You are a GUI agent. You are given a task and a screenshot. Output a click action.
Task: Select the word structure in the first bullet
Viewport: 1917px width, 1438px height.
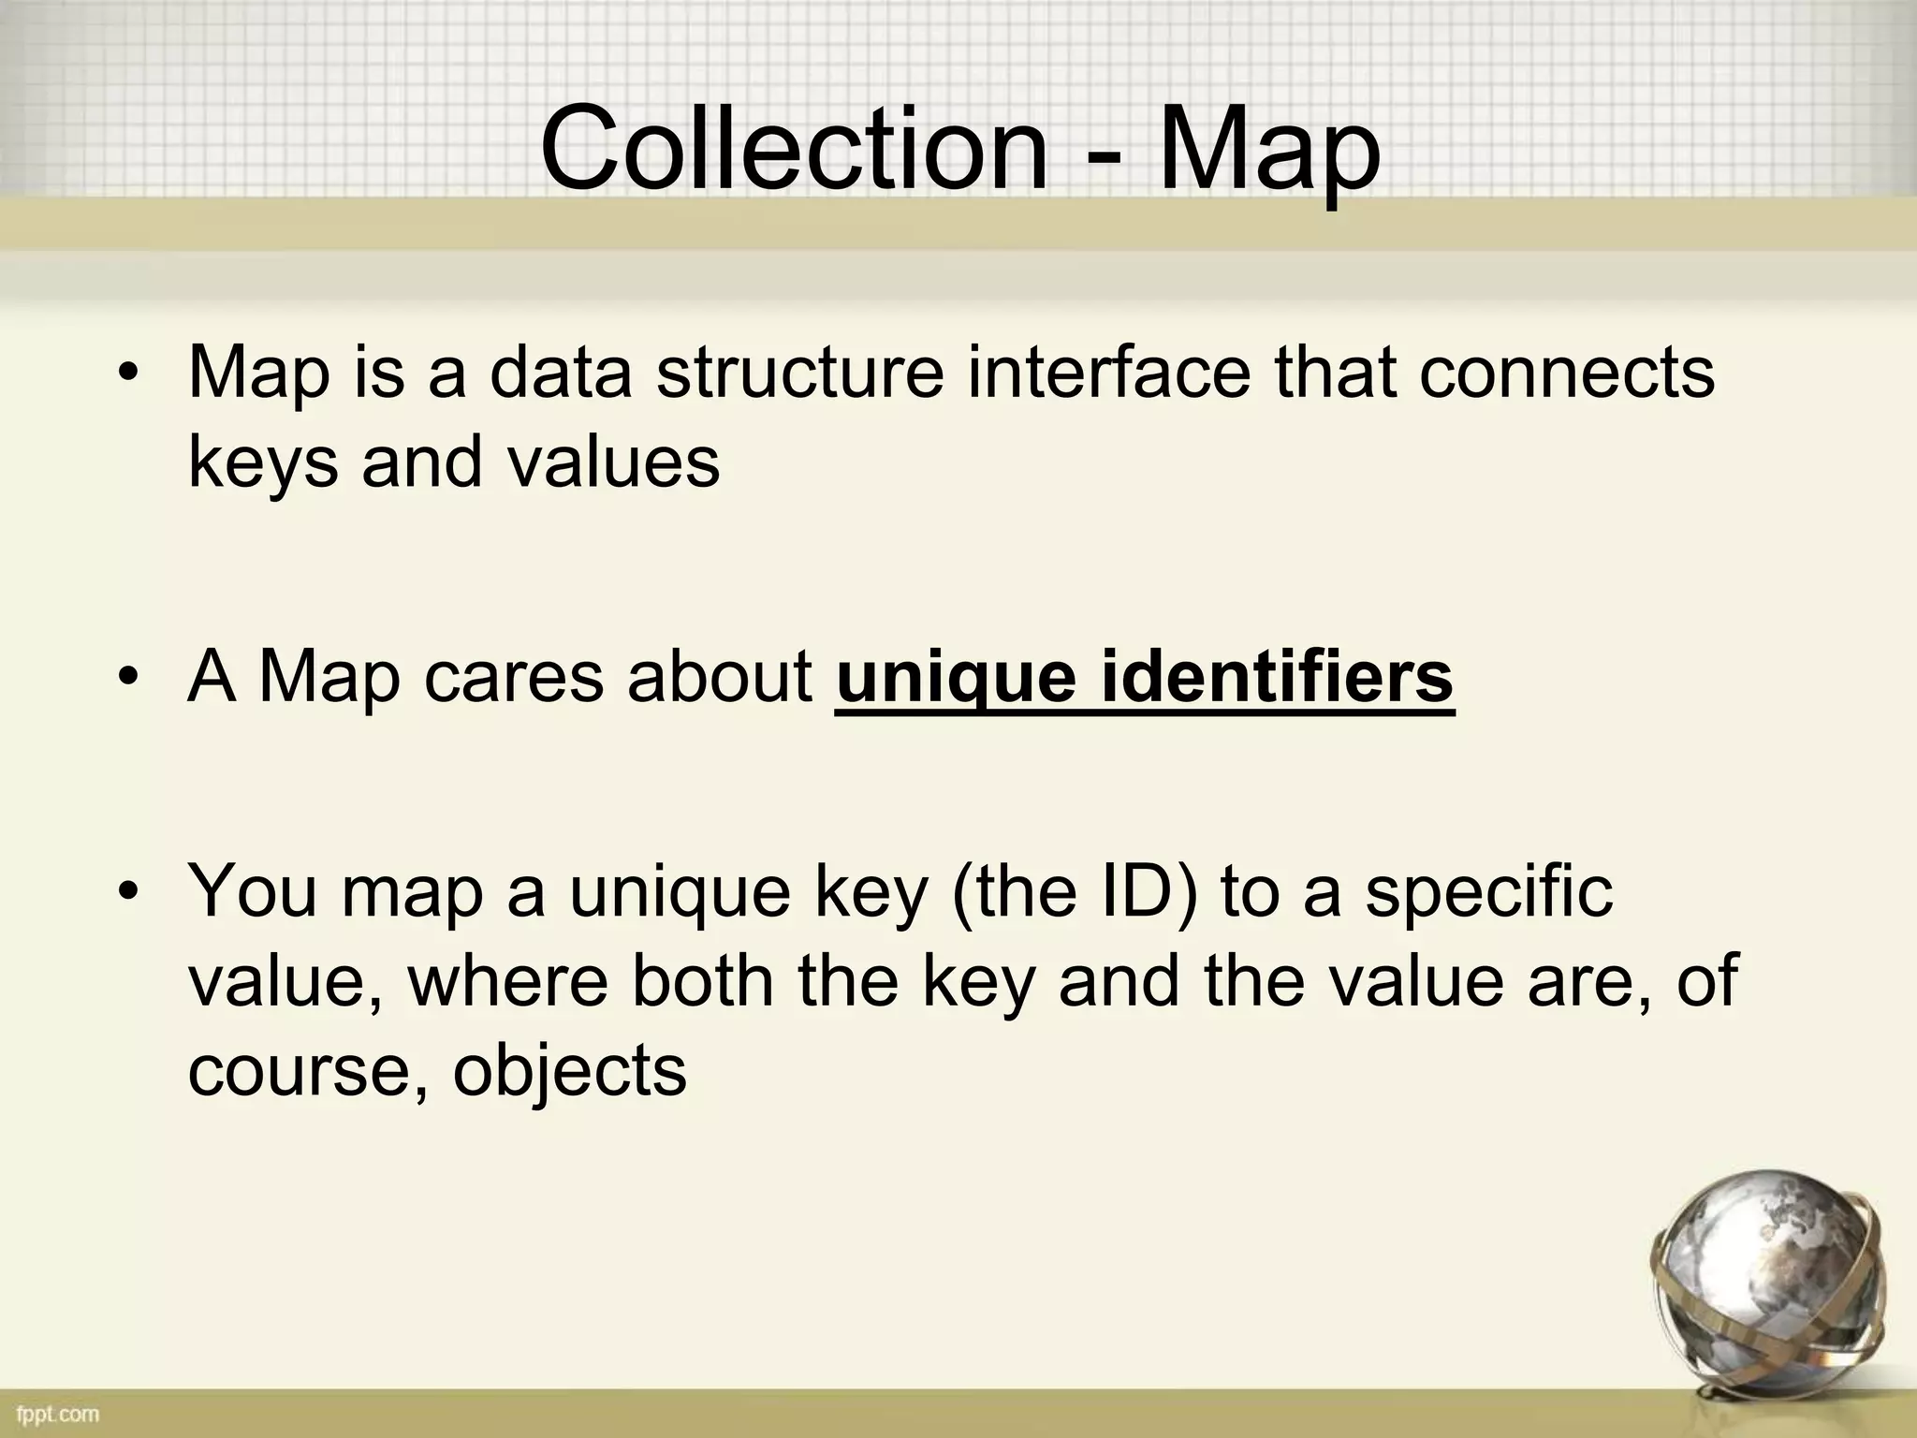[799, 373]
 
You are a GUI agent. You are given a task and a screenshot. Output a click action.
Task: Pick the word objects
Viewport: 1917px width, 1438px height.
[570, 1072]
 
